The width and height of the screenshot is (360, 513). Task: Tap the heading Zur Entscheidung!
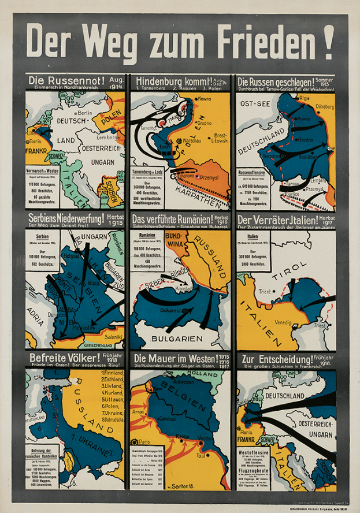click(x=274, y=359)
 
